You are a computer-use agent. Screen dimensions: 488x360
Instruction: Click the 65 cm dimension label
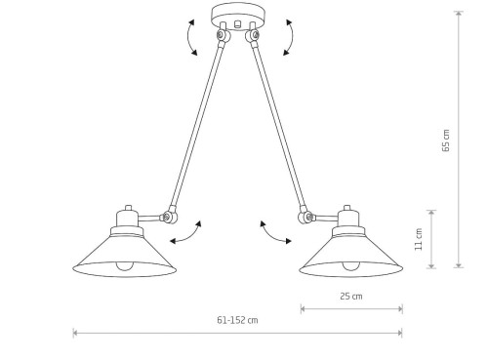[x=446, y=140]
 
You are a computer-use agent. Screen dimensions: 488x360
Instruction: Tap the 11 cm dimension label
[x=419, y=239]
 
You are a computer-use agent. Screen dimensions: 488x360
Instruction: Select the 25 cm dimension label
[x=351, y=297]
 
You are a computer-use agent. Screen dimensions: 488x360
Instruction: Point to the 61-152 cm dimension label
[x=237, y=320]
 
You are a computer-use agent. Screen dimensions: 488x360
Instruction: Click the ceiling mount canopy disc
[x=238, y=18]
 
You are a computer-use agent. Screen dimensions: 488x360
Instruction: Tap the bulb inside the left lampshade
[x=125, y=265]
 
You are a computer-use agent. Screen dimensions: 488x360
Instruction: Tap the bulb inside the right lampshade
[x=350, y=265]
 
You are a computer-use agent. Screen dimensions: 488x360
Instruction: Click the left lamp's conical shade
[x=124, y=256]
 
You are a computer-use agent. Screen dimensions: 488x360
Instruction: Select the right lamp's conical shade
[x=351, y=256]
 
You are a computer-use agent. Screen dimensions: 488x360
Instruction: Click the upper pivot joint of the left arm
[x=223, y=35]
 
